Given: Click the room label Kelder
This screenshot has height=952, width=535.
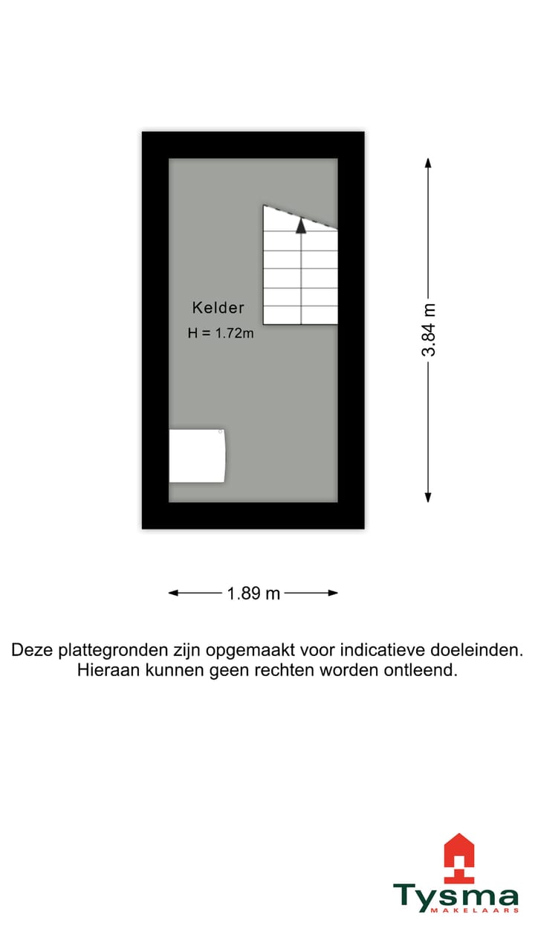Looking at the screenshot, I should pyautogui.click(x=218, y=307).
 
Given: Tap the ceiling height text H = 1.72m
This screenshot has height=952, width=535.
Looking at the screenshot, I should pyautogui.click(x=221, y=333).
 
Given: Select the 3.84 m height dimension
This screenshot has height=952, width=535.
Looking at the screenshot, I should pyautogui.click(x=429, y=329).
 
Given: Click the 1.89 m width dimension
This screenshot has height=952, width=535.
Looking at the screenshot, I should pyautogui.click(x=253, y=594).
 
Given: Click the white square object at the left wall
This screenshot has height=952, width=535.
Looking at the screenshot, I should pyautogui.click(x=197, y=455).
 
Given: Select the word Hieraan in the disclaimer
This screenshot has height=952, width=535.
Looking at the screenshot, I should pyautogui.click(x=103, y=670).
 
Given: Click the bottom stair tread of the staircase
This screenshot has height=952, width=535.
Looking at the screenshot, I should pyautogui.click(x=301, y=315).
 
